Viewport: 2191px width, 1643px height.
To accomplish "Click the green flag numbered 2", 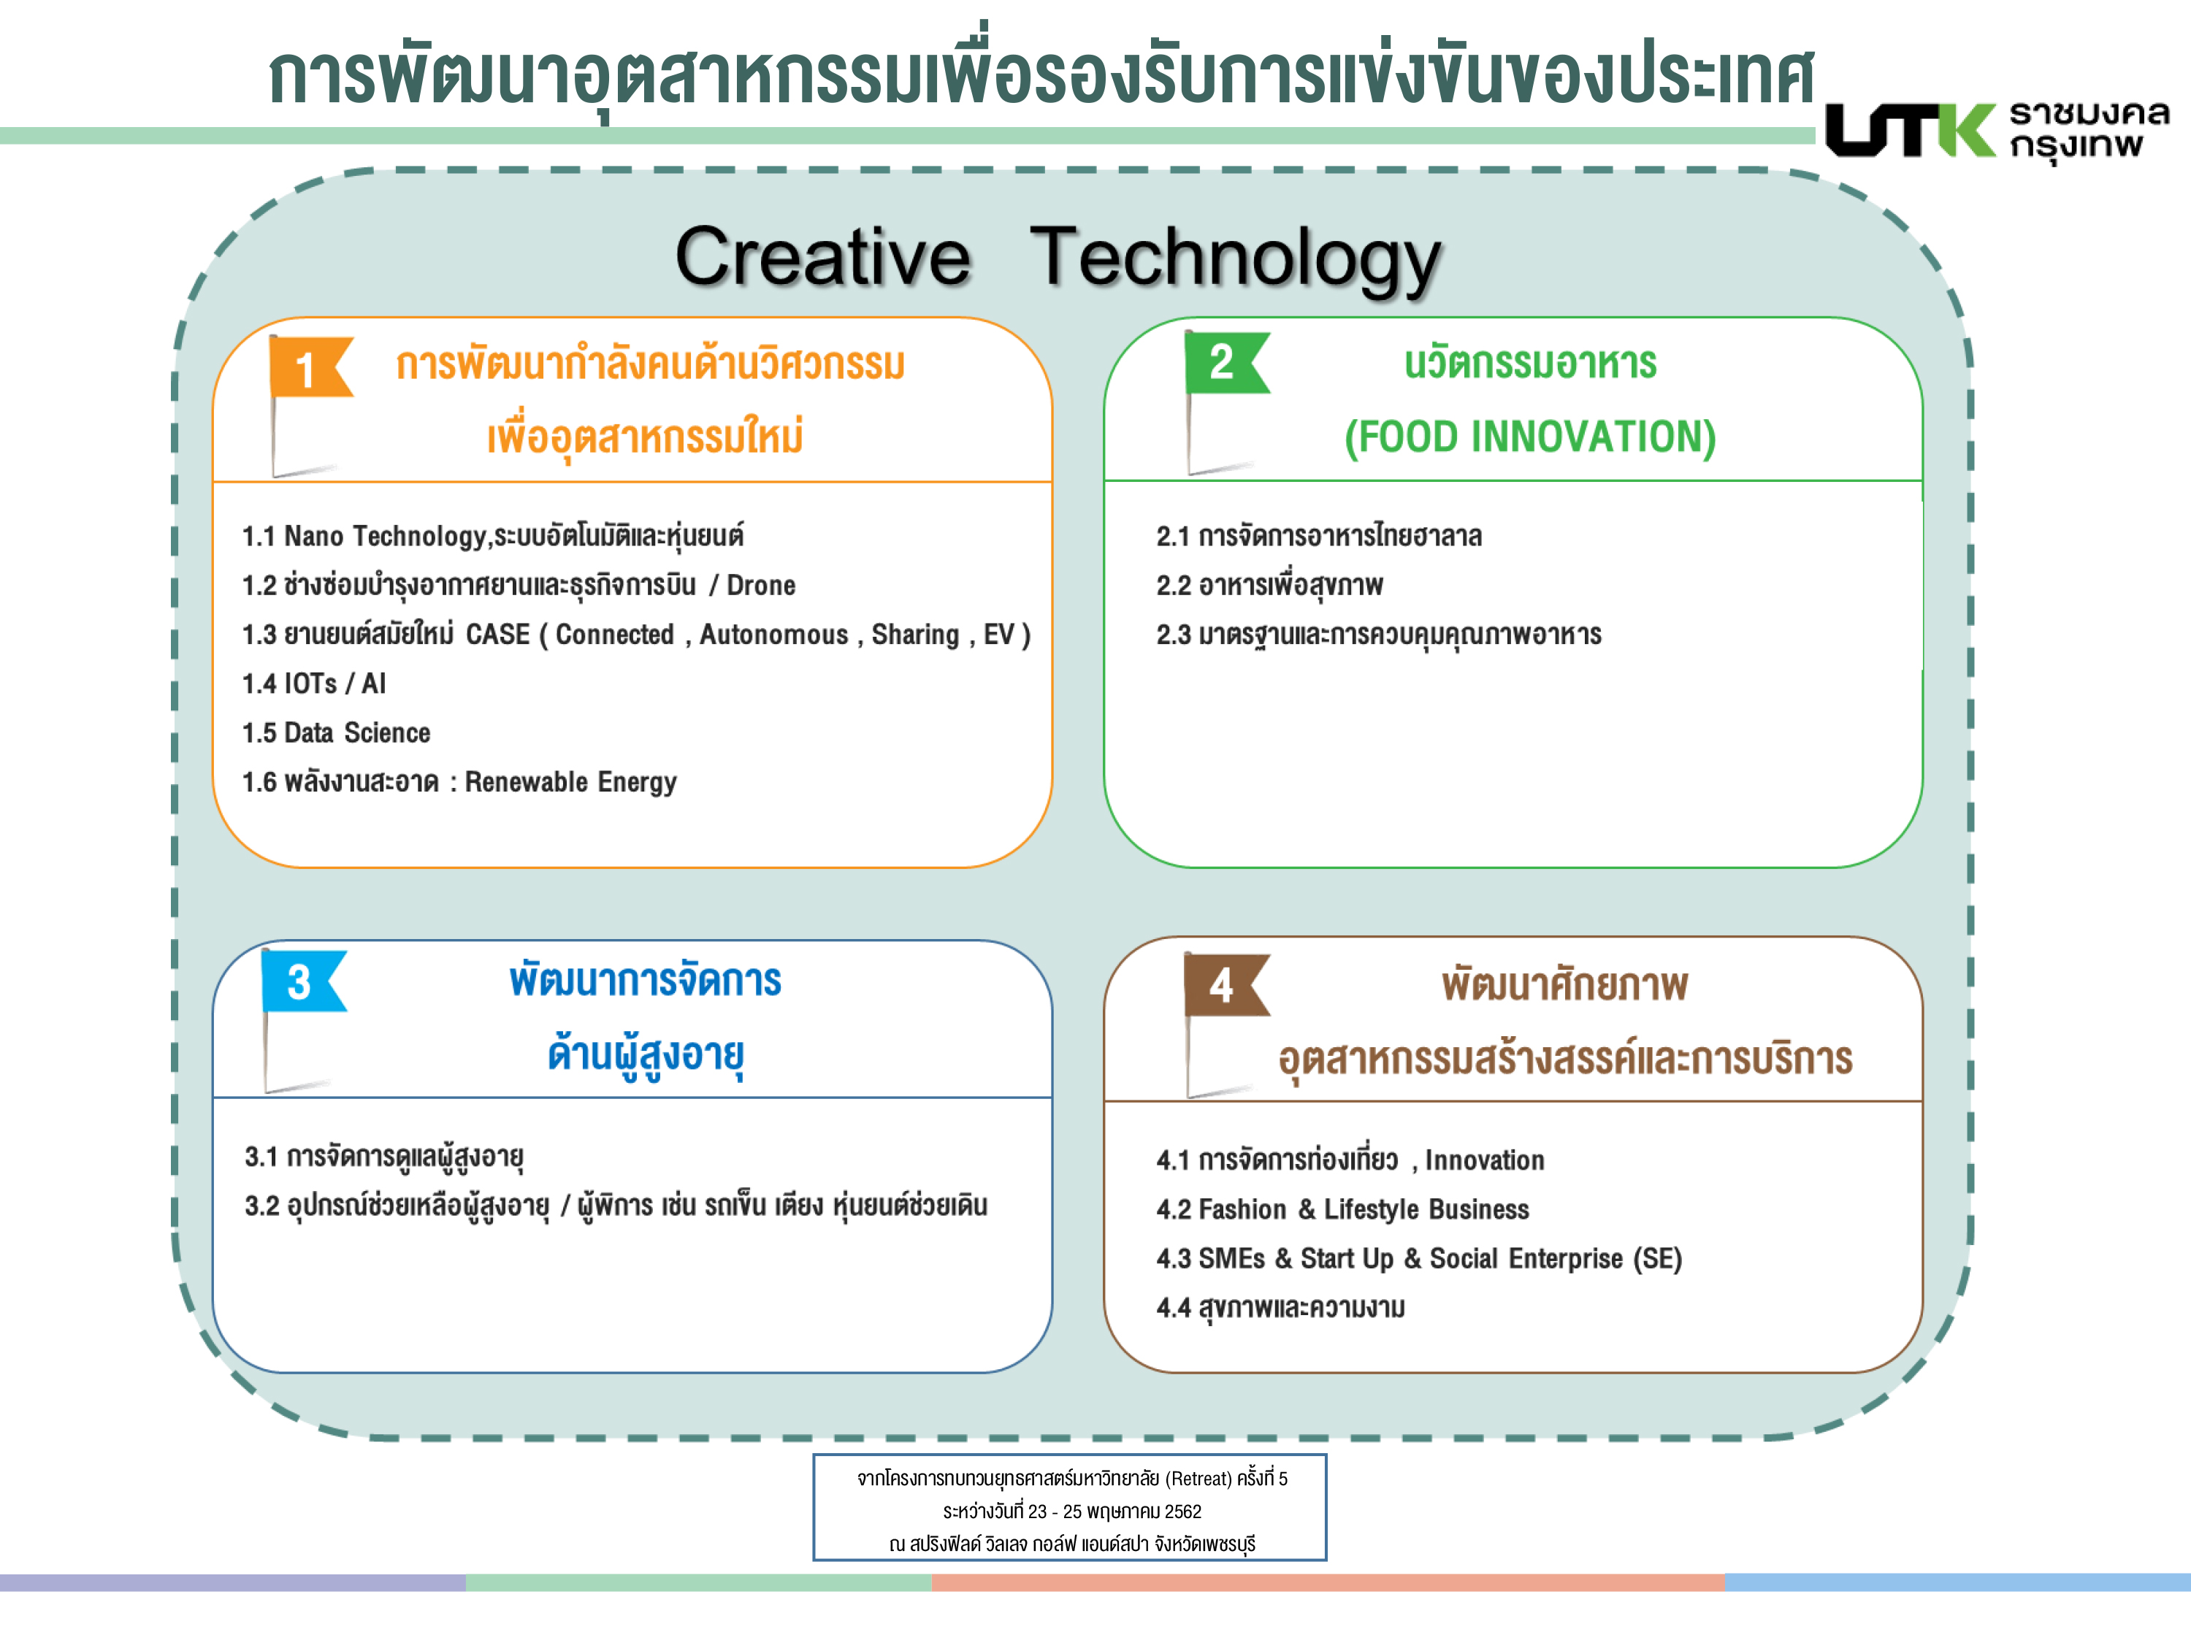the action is tap(1225, 364).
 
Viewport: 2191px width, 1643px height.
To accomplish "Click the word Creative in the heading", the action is tap(823, 256).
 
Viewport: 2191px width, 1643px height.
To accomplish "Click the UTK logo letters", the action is tap(1911, 130).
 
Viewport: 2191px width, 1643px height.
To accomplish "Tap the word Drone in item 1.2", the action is tap(761, 586).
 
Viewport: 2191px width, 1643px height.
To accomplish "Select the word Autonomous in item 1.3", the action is tap(773, 635).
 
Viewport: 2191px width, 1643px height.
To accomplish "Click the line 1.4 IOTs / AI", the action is tap(314, 683).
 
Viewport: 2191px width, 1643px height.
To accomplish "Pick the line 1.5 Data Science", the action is tap(337, 733).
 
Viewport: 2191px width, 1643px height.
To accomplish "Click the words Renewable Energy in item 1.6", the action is tap(570, 782).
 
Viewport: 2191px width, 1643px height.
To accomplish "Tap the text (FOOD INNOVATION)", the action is tap(1529, 437).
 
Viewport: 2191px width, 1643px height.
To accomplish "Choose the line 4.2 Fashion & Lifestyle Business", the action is tap(1342, 1209).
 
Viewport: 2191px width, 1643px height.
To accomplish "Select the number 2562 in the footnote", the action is tap(1182, 1512).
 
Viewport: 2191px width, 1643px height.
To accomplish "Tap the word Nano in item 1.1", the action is tap(314, 536).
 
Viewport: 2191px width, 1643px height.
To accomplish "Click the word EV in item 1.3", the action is tap(998, 635).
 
